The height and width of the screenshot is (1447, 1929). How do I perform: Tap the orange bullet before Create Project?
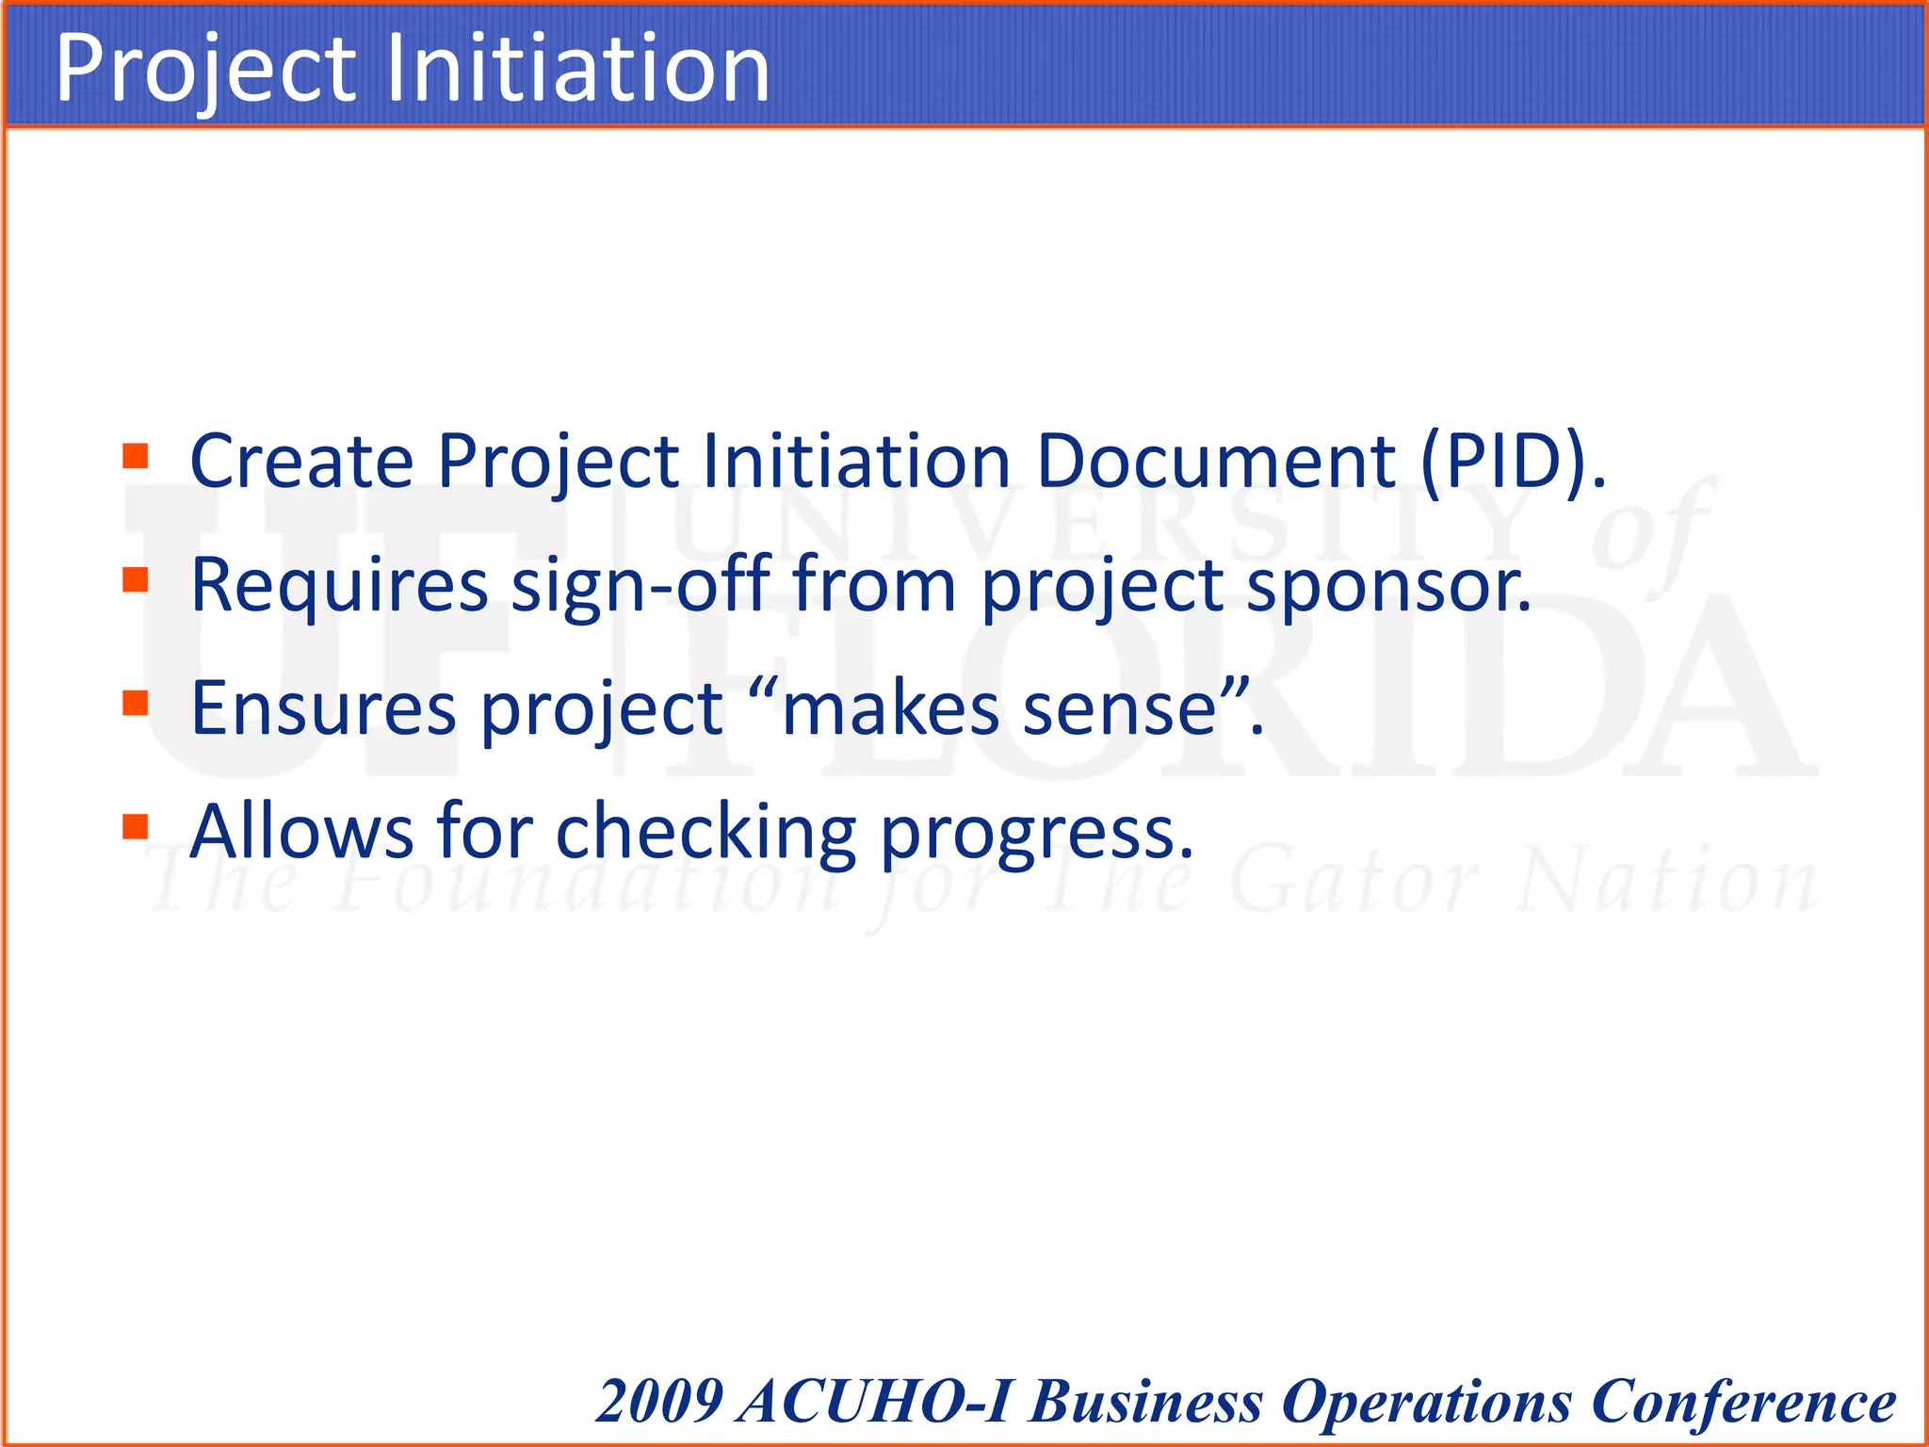coord(136,457)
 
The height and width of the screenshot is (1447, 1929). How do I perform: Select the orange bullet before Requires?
coord(136,579)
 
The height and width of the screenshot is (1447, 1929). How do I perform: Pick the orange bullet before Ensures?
coord(136,703)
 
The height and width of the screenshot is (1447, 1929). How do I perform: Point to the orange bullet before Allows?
coord(136,826)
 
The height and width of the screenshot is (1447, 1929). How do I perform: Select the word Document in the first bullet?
coord(1216,462)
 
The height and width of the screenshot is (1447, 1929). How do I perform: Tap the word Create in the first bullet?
coord(301,462)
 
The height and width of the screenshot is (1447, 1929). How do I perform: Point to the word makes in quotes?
coord(890,708)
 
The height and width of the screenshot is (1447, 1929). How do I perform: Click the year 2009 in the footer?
coord(660,1401)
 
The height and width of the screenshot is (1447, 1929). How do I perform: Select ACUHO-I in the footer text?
coord(876,1401)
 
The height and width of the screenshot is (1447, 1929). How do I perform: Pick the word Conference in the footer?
coord(1743,1403)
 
